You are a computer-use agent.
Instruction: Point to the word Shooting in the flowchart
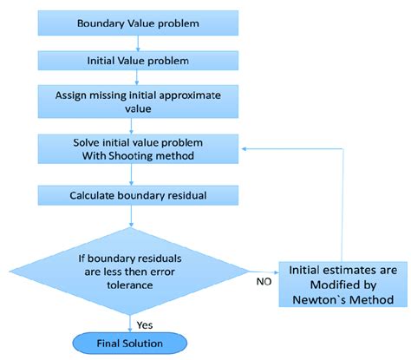click(x=127, y=156)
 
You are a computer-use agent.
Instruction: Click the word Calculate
click(x=92, y=195)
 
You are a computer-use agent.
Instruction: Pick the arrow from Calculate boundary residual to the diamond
click(x=130, y=217)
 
